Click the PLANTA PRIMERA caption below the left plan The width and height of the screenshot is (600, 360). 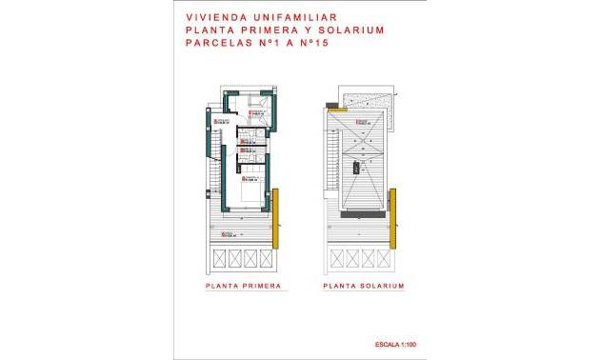click(244, 286)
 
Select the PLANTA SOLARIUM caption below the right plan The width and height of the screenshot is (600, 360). click(364, 286)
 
